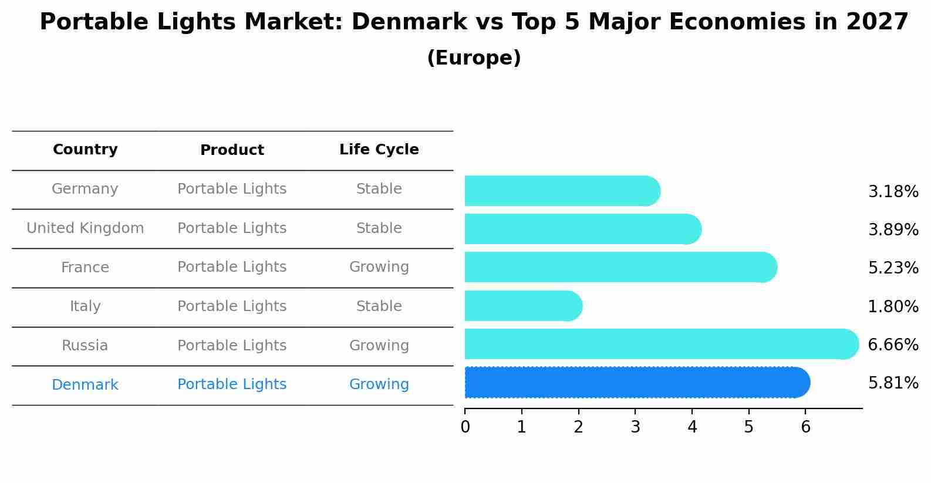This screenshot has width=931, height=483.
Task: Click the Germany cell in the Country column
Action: coord(85,189)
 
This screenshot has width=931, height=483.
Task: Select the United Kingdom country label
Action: coord(85,228)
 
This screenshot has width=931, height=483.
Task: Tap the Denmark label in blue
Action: coord(85,385)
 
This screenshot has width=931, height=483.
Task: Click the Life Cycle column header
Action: coord(379,150)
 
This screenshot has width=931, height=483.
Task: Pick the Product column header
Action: coord(232,150)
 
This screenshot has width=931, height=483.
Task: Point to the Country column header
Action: coord(85,150)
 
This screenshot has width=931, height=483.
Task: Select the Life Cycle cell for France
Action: coord(379,267)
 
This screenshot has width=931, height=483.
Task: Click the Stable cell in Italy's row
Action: coord(379,306)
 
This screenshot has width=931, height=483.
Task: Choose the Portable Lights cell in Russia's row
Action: coord(232,346)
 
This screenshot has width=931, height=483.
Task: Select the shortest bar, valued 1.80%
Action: coord(522,306)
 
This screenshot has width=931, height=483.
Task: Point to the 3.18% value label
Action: coord(893,192)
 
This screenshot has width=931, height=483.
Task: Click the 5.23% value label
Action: coord(893,268)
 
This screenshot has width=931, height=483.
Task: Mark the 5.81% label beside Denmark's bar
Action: coord(893,383)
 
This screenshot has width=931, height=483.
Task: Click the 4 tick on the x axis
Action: coord(692,427)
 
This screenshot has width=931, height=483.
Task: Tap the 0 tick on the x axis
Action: coord(465,427)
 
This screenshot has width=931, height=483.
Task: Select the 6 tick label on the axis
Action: coord(805,427)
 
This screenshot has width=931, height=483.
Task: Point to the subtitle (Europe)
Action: coord(474,58)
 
